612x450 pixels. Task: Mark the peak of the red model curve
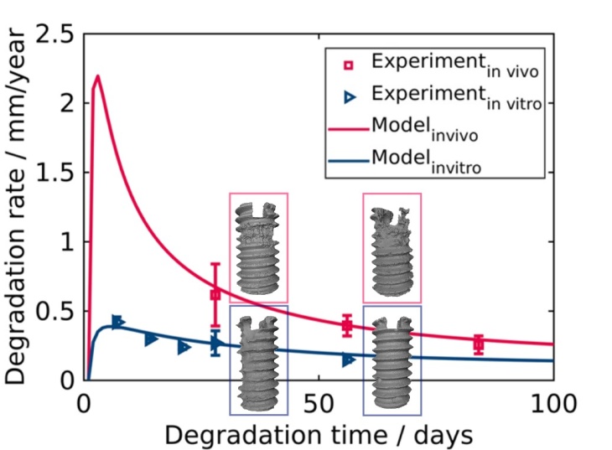click(x=97, y=76)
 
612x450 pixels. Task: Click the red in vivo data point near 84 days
click(x=479, y=344)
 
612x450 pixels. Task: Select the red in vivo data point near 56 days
click(x=347, y=325)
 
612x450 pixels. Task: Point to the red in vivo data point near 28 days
click(x=215, y=294)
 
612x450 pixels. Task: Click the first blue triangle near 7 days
click(x=118, y=322)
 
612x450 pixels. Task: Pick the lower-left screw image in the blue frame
click(x=259, y=361)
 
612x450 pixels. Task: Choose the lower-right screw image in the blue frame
click(x=392, y=361)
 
